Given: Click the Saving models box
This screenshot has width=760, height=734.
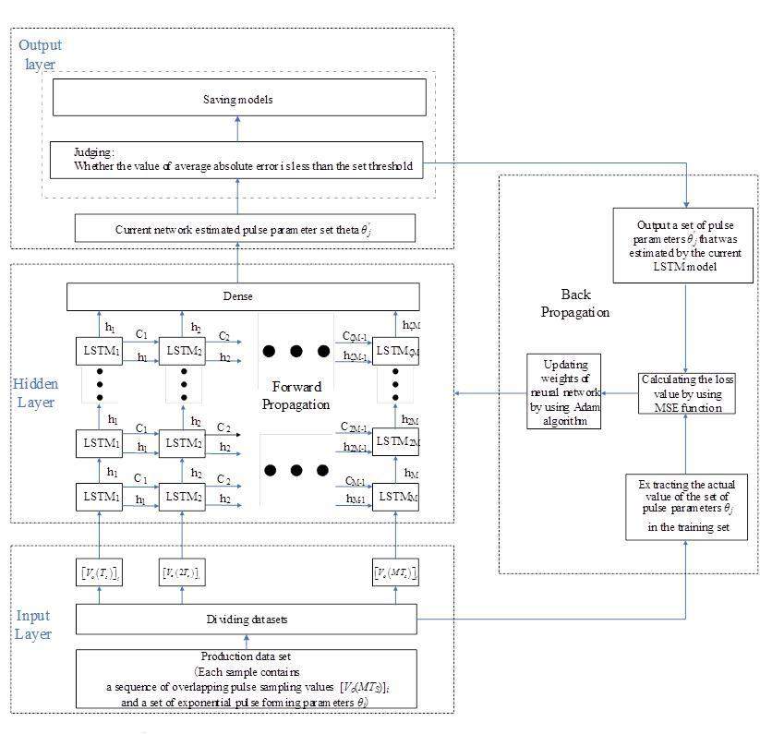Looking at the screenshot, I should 238,97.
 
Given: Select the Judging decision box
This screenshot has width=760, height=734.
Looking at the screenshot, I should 238,160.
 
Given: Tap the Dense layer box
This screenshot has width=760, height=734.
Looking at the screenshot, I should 243,296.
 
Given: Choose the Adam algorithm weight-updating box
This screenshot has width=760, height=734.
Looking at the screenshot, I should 562,391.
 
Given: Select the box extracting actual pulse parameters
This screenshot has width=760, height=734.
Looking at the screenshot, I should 685,506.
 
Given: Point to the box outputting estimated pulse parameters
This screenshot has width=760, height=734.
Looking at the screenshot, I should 684,245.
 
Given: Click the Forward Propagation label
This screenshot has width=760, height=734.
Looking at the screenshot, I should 296,395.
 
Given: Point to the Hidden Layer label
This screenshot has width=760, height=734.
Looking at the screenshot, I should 36,391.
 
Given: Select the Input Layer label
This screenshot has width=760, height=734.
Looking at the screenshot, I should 33,624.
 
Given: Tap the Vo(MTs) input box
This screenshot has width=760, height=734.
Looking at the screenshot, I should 396,573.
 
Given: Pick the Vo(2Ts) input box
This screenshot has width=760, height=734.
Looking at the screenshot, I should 181,573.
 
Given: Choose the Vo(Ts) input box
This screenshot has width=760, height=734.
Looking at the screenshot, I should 98,573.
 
